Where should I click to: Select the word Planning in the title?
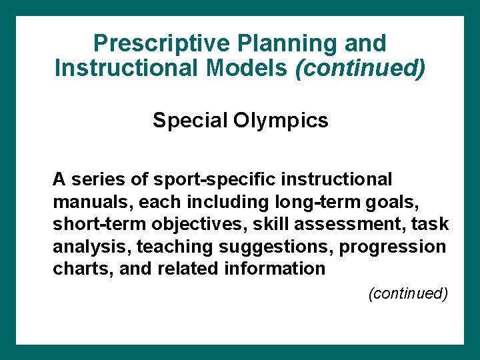click(282, 43)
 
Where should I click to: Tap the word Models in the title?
click(249, 68)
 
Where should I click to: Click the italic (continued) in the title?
click(359, 68)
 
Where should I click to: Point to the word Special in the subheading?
click(189, 121)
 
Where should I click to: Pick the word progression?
click(393, 247)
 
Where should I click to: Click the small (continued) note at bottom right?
click(407, 293)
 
